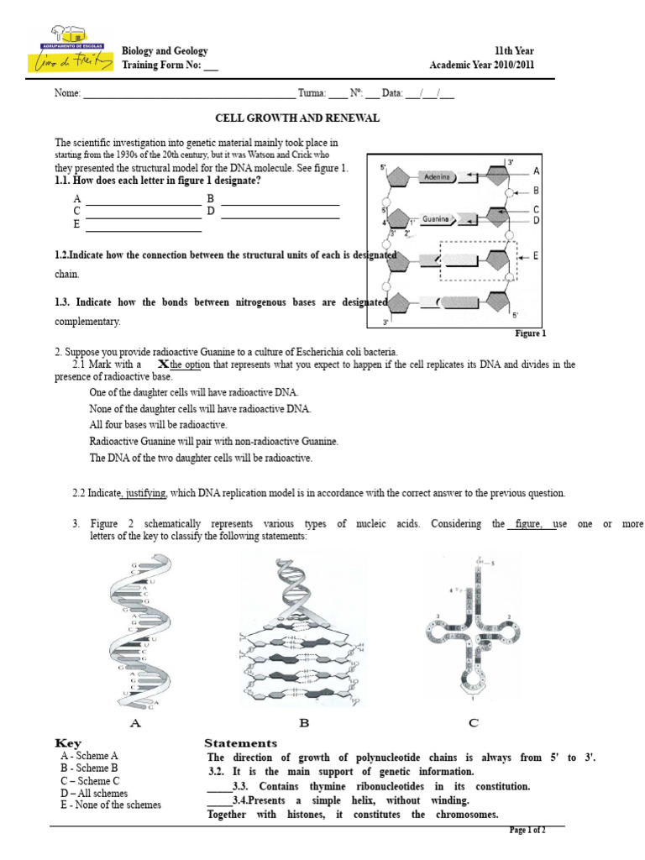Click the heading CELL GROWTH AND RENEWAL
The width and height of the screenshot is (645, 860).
(x=298, y=118)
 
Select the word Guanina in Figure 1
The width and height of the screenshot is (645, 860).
(x=437, y=219)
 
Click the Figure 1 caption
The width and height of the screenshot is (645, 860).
(x=530, y=333)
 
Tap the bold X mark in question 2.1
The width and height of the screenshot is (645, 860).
(x=163, y=364)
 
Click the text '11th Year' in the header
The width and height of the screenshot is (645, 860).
(x=514, y=51)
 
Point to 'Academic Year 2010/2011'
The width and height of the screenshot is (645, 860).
(x=481, y=66)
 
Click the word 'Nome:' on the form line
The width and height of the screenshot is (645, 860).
(x=67, y=94)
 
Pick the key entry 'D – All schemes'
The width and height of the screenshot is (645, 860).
(x=94, y=793)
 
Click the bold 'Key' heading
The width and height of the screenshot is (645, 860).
(x=69, y=743)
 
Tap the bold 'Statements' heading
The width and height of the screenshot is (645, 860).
(x=240, y=743)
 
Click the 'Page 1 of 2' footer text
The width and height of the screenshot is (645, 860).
(x=528, y=831)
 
